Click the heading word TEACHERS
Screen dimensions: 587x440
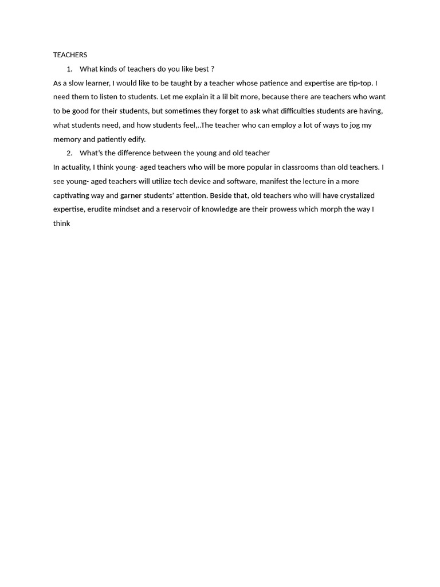tap(70, 55)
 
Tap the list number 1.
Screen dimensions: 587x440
tap(69, 69)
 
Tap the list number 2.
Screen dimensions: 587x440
tap(69, 153)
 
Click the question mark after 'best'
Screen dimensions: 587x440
tap(213, 69)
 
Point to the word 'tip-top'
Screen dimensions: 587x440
tap(360, 83)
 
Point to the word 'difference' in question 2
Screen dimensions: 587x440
tap(129, 153)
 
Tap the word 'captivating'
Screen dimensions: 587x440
tap(71, 195)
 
